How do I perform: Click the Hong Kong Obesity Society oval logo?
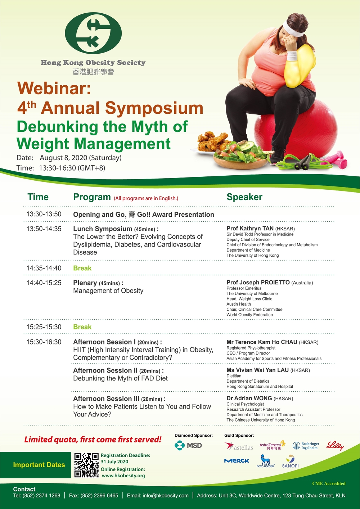point(93,33)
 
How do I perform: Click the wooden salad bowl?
point(241,162)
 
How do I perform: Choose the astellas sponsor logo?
point(239,446)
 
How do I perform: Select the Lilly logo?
point(335,446)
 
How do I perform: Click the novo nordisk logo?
point(265,461)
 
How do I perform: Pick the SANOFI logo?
point(290,461)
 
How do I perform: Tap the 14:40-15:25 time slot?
point(44,283)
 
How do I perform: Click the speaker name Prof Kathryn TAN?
point(250,228)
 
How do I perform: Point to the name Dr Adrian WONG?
point(249,398)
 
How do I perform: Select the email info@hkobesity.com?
point(166,496)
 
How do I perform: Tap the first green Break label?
point(82,268)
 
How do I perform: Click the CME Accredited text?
point(329,483)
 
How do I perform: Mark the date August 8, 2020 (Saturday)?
point(81,158)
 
